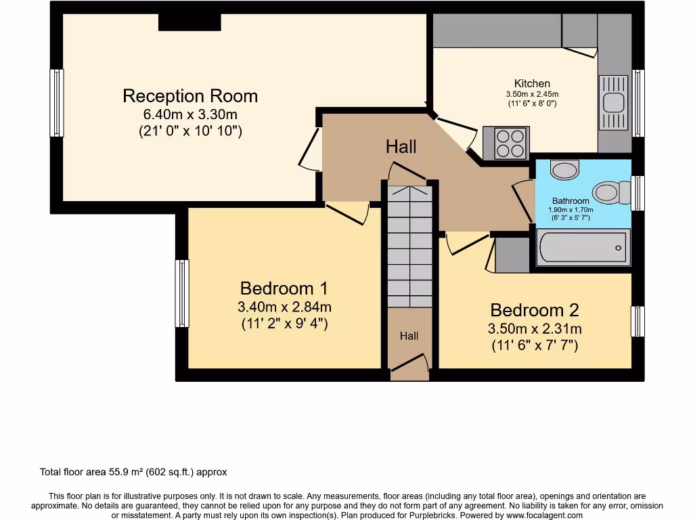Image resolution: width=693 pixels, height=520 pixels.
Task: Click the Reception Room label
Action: point(189,95)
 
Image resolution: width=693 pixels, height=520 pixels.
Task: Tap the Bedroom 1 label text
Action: point(284,288)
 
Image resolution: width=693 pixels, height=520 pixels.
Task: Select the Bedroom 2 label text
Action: point(535,310)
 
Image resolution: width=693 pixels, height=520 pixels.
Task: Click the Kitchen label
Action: point(532,84)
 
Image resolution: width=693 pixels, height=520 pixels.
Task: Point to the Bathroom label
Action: point(571,201)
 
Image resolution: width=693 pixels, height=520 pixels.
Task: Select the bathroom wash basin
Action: point(564,169)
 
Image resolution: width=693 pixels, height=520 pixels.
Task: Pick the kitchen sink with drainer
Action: point(614,102)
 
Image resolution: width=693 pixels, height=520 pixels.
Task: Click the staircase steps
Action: point(409,247)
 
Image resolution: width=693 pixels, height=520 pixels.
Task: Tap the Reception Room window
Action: point(57,103)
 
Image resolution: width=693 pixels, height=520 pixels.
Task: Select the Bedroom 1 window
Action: point(181,293)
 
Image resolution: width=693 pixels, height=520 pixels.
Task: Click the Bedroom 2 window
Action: point(637,322)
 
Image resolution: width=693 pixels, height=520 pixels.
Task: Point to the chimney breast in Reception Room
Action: point(189,22)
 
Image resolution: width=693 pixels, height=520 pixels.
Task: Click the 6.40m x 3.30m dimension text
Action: point(189,114)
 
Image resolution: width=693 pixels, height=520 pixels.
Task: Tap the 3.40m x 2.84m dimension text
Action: point(284,307)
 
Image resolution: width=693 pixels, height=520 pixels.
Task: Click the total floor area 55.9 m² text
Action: point(133,472)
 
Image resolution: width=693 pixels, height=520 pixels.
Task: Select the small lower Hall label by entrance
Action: point(409,336)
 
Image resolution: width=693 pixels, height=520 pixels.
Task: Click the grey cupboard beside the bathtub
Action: point(512,254)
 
